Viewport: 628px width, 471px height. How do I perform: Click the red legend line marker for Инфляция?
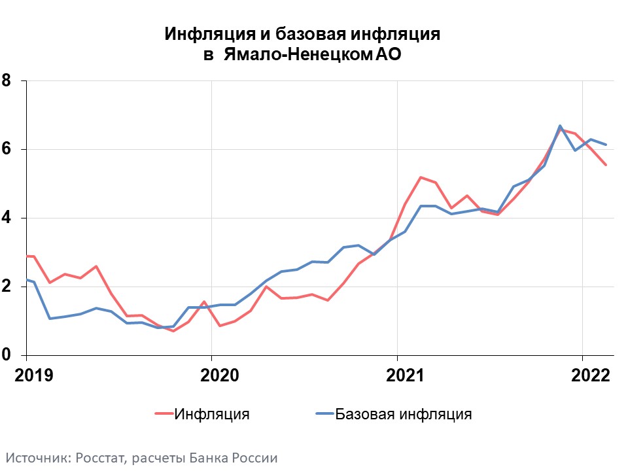(164, 413)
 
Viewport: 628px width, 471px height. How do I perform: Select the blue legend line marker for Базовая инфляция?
(324, 413)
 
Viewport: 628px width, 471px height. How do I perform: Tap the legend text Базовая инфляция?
(403, 413)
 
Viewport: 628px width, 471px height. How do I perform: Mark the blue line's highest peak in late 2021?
(560, 126)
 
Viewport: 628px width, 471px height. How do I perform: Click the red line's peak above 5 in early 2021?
(420, 177)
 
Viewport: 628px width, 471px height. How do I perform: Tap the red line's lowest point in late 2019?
(173, 331)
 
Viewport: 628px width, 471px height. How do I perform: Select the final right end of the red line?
(606, 165)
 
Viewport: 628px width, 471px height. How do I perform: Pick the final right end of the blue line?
(606, 145)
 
